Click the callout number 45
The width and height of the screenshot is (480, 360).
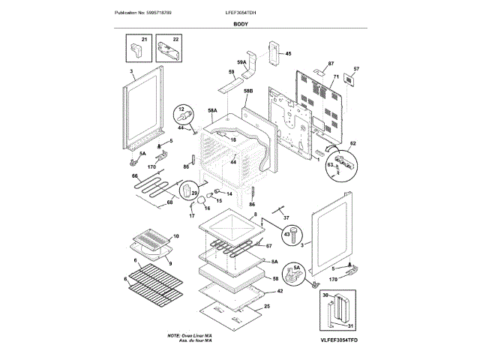coord(288,53)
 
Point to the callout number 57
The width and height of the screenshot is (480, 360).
coord(356,69)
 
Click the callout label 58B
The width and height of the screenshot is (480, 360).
coord(248,91)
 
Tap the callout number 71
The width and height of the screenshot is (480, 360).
coord(337,77)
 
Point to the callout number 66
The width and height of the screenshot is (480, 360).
coord(135,178)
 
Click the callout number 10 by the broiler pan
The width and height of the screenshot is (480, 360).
coord(176,236)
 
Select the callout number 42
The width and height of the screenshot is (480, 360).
coord(279,291)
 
